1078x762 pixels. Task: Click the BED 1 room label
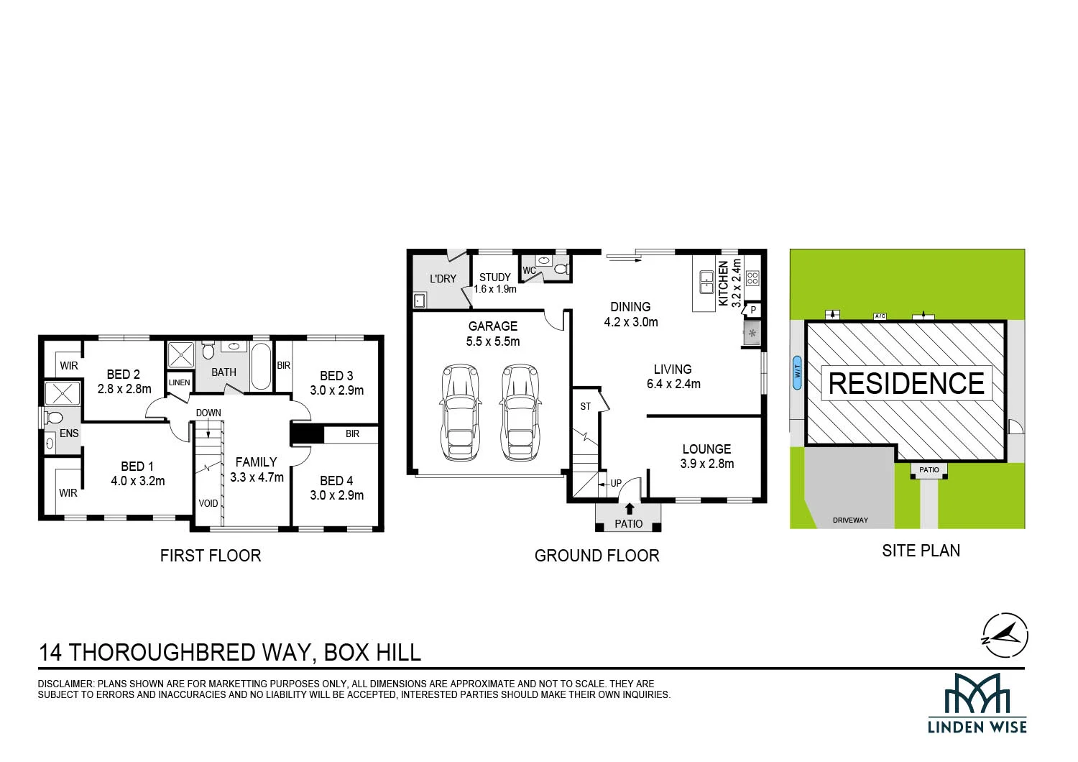pos(138,474)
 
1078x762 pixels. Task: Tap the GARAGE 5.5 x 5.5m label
pos(493,334)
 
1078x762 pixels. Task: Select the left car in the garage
pos(461,413)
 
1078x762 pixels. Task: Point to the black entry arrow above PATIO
pos(630,508)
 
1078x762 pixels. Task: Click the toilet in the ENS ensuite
pos(53,418)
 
